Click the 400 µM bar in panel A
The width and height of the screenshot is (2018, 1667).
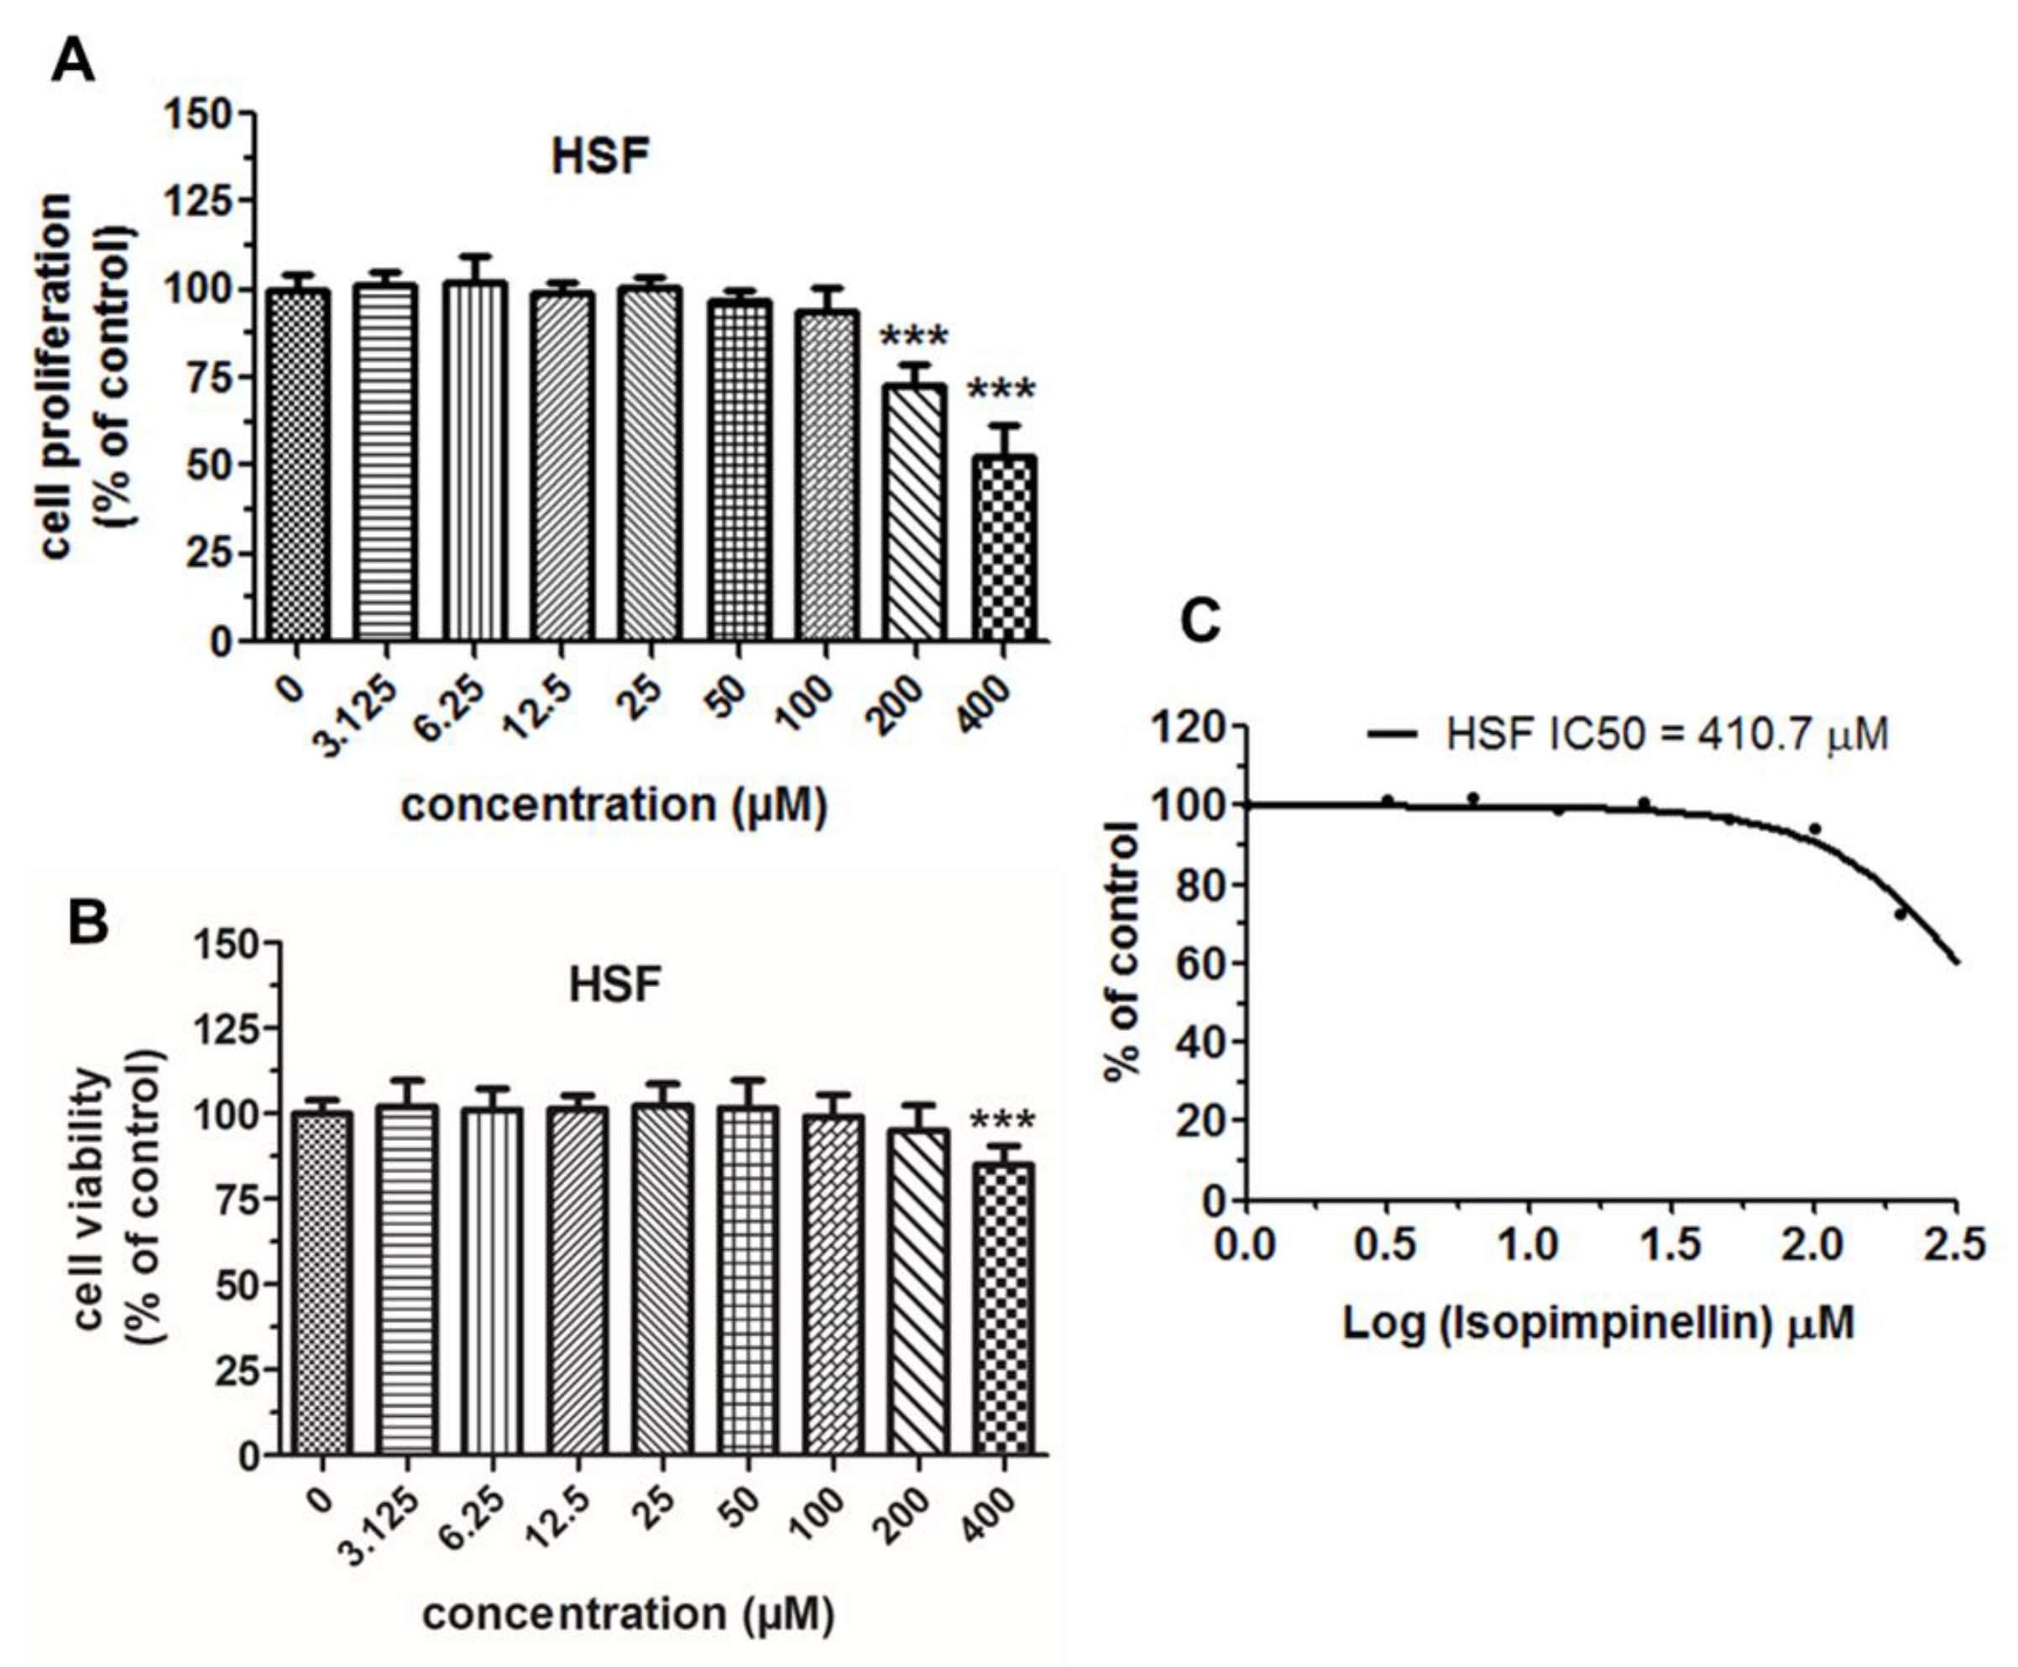click(1004, 547)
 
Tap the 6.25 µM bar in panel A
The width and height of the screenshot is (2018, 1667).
click(475, 461)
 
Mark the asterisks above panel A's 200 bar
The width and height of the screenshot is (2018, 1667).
click(913, 337)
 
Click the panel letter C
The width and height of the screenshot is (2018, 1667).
click(1200, 622)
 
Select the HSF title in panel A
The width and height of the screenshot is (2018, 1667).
click(600, 156)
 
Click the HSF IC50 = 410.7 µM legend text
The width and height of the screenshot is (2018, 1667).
click(1666, 734)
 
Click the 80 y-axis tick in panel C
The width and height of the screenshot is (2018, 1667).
click(1200, 885)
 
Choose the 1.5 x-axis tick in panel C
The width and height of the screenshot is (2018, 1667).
click(1671, 1246)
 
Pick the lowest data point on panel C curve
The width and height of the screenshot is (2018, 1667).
click(1900, 914)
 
